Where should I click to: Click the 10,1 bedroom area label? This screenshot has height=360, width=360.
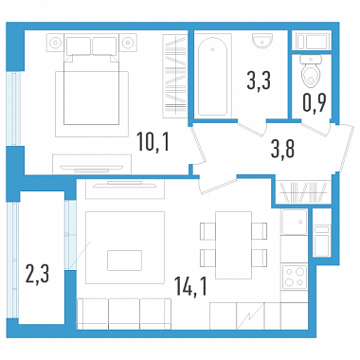pyautogui.click(x=153, y=142)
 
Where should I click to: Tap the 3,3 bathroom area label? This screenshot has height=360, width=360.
pyautogui.click(x=260, y=81)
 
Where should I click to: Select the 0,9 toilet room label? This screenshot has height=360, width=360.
pyautogui.click(x=315, y=102)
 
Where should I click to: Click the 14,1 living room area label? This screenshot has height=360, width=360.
pyautogui.click(x=191, y=286)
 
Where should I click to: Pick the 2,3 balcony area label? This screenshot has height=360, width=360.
pyautogui.click(x=38, y=275)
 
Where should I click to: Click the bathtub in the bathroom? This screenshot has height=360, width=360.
pyautogui.click(x=212, y=77)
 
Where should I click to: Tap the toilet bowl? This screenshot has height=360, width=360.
pyautogui.click(x=311, y=71)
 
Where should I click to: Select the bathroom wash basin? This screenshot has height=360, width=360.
pyautogui.click(x=262, y=41)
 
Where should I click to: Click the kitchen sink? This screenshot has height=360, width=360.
pyautogui.click(x=295, y=222)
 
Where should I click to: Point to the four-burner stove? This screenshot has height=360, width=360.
pyautogui.click(x=295, y=277)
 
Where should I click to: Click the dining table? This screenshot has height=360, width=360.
pyautogui.click(x=233, y=245)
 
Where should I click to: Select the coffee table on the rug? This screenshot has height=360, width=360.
pyautogui.click(x=124, y=261)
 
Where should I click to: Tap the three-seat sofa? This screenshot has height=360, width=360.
pyautogui.click(x=124, y=314)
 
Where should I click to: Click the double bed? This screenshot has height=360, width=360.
pyautogui.click(x=92, y=81)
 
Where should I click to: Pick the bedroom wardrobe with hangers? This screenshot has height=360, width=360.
pyautogui.click(x=174, y=76)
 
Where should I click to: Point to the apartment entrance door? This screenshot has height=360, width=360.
pyautogui.click(x=345, y=149)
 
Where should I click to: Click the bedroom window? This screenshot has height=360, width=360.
pyautogui.click(x=13, y=109)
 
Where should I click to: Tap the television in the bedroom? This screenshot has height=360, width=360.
pyautogui.click(x=92, y=167)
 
